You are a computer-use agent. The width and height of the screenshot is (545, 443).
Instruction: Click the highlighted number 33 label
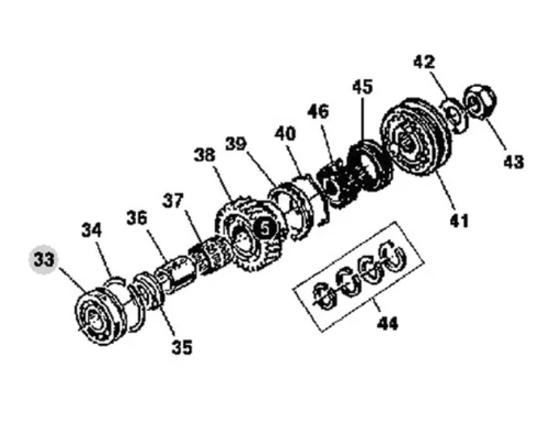(43, 260)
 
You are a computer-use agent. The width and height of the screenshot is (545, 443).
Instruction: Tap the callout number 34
(92, 230)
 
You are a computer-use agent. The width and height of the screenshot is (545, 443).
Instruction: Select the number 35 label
(182, 347)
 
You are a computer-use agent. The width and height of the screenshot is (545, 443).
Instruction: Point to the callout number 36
(137, 218)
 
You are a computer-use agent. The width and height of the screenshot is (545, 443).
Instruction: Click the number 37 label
(173, 201)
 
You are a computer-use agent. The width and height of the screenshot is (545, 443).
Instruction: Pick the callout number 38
(204, 155)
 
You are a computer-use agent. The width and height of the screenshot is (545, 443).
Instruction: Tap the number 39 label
(236, 144)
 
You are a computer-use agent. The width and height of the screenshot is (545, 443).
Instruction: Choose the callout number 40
(285, 134)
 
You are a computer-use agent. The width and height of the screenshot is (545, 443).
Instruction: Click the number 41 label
(459, 221)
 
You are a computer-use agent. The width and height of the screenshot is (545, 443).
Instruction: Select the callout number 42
(424, 63)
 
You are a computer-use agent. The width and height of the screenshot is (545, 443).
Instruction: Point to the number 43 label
(514, 162)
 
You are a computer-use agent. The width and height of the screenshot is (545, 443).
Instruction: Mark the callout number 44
(387, 324)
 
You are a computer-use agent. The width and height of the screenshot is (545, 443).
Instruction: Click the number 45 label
(362, 87)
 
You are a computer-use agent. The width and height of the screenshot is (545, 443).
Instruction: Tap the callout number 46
(318, 112)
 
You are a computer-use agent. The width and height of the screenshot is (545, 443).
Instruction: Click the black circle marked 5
(265, 230)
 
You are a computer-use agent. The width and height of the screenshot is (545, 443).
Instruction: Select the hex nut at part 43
(481, 101)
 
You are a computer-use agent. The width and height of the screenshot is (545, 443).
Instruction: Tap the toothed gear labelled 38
(250, 234)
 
